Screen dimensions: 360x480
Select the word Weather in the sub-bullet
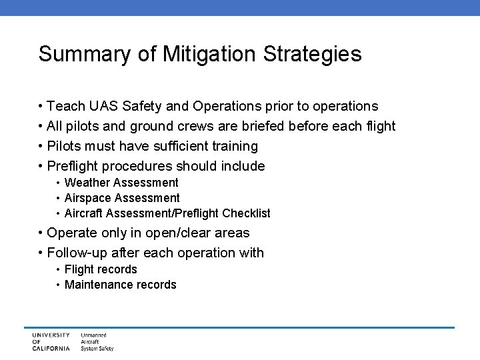(x=87, y=183)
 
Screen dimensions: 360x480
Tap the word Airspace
(x=88, y=198)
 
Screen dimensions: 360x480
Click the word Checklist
(x=246, y=213)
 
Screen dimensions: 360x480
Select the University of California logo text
(x=50, y=341)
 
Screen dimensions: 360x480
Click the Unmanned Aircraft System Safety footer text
(x=97, y=341)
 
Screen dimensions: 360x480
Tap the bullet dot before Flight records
(x=59, y=269)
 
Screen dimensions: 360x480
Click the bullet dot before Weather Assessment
(x=59, y=183)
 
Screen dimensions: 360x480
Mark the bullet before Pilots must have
(x=41, y=146)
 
